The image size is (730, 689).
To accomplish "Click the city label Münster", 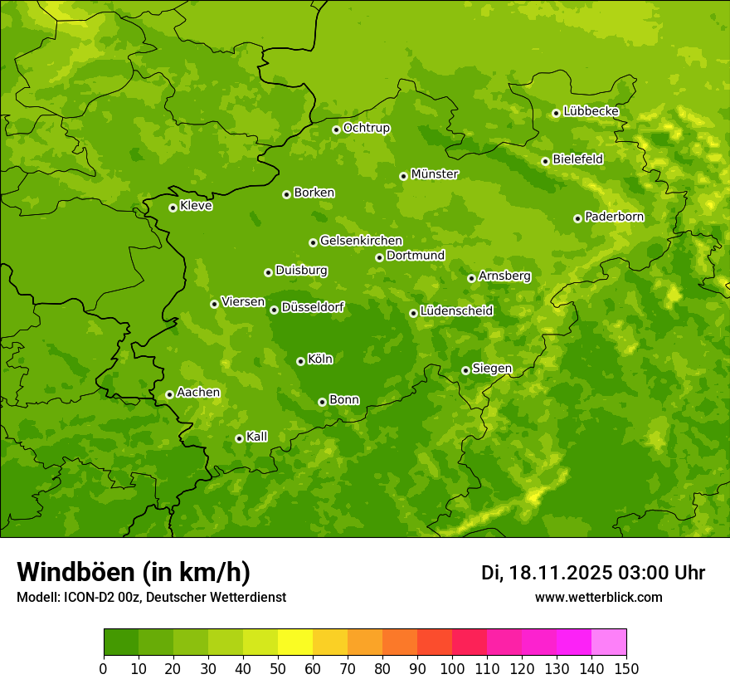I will (434, 174).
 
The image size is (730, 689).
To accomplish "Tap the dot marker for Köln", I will (300, 361).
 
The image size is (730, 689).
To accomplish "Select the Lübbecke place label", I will (591, 111).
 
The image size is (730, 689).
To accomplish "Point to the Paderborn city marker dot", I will (577, 218).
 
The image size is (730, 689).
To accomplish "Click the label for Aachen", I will (198, 393).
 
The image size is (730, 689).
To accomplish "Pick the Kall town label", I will (256, 437).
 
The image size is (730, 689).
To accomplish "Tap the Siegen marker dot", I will (465, 370).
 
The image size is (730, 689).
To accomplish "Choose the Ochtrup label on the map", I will (366, 128).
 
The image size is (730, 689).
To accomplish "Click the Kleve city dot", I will (173, 208).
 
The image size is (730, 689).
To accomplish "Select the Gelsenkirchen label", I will (361, 241).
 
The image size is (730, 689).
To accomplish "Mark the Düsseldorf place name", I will (313, 307).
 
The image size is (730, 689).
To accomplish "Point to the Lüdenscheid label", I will (456, 311).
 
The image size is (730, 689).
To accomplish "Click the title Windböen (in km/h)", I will (134, 572).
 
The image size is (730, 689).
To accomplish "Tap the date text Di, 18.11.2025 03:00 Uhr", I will (592, 573).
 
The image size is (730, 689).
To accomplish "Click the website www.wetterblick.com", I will (598, 598).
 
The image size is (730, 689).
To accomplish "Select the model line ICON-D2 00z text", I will (151, 598).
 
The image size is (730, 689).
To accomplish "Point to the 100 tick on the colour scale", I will (452, 668).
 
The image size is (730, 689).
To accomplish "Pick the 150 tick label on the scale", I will (626, 668).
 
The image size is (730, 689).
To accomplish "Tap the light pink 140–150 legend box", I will (609, 643).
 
